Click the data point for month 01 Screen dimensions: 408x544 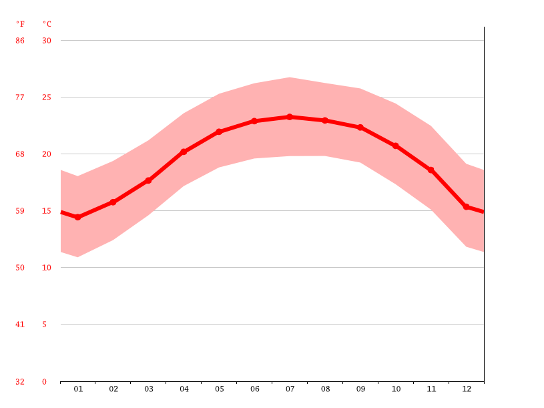(78, 217)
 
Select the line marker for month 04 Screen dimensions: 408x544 (184, 152)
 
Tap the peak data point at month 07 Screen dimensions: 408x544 (290, 117)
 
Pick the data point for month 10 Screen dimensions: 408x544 (396, 146)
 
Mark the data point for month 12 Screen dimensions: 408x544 (466, 206)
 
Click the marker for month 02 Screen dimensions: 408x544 (113, 202)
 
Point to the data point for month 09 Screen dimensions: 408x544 (360, 127)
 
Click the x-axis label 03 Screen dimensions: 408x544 (149, 389)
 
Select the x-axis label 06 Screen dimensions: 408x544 (254, 389)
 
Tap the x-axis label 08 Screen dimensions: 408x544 (325, 389)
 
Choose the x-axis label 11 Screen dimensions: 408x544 (431, 389)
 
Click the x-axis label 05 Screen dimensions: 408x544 (219, 389)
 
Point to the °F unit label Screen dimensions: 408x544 (20, 24)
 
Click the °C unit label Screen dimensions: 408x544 (47, 24)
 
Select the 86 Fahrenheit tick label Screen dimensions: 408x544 (20, 41)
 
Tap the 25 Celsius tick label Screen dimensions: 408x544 (47, 97)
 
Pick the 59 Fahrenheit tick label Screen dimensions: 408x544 (20, 211)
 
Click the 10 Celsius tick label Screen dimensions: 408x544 (47, 268)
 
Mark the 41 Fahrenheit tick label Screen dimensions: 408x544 (20, 325)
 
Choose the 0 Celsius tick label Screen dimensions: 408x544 (45, 382)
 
